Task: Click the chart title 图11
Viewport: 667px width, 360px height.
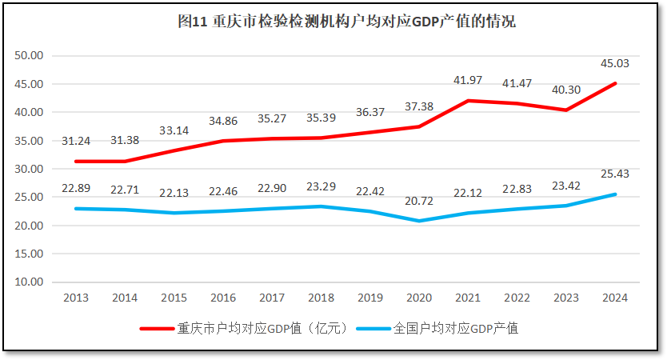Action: [346, 22]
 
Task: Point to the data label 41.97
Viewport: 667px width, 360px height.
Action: [468, 80]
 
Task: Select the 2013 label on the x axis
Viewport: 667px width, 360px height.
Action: [75, 298]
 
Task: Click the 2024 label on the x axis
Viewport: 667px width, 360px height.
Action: [615, 298]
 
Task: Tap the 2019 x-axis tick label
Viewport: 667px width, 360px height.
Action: [369, 298]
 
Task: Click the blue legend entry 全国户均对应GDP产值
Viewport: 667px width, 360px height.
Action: [455, 328]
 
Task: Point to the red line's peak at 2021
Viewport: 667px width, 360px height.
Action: [468, 101]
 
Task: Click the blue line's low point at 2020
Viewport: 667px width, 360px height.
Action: [419, 221]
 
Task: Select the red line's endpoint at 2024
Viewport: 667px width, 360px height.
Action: [615, 83]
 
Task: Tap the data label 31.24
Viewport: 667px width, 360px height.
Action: [75, 141]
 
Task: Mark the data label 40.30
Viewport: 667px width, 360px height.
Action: [565, 90]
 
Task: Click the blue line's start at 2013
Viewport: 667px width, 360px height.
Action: [75, 209]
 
